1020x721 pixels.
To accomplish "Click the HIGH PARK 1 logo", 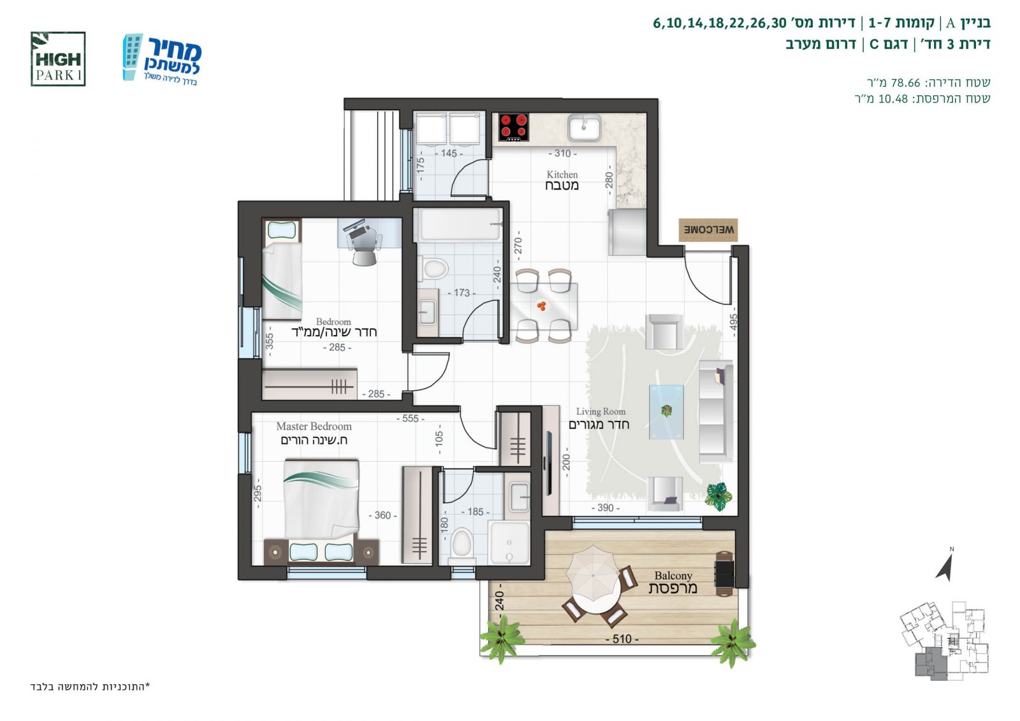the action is (x=58, y=59).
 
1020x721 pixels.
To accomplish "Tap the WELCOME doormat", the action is (x=708, y=230).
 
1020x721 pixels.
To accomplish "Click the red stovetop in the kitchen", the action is (x=514, y=127).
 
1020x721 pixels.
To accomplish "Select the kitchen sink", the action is (x=584, y=127).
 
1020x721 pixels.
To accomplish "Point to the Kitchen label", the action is (x=562, y=180).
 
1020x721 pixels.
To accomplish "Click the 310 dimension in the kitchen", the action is (x=562, y=153).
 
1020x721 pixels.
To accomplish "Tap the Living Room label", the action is (x=599, y=418).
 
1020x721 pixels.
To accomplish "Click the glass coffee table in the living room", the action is (x=667, y=412).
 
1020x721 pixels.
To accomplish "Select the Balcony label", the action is (x=673, y=582).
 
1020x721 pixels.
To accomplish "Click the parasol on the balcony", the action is (x=593, y=574).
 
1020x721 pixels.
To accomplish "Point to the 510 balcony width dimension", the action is (x=622, y=639).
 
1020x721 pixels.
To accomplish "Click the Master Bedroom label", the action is (x=314, y=433).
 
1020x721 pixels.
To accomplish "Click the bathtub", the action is (x=460, y=224).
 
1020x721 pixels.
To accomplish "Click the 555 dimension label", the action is (x=411, y=418).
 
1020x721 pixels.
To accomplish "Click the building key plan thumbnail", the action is (x=944, y=641).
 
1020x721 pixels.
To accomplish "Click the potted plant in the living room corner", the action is (x=718, y=496).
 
